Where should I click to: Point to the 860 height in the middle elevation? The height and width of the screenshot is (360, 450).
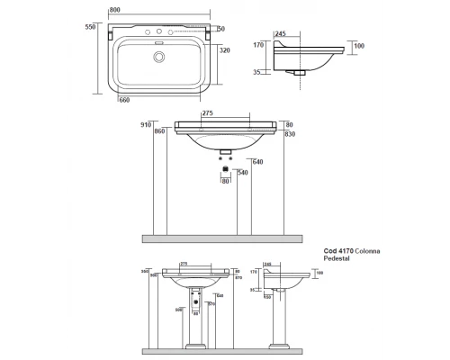(x=160, y=131)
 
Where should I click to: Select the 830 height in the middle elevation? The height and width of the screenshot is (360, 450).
(x=291, y=134)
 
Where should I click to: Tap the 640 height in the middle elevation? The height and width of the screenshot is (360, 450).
(x=256, y=162)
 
